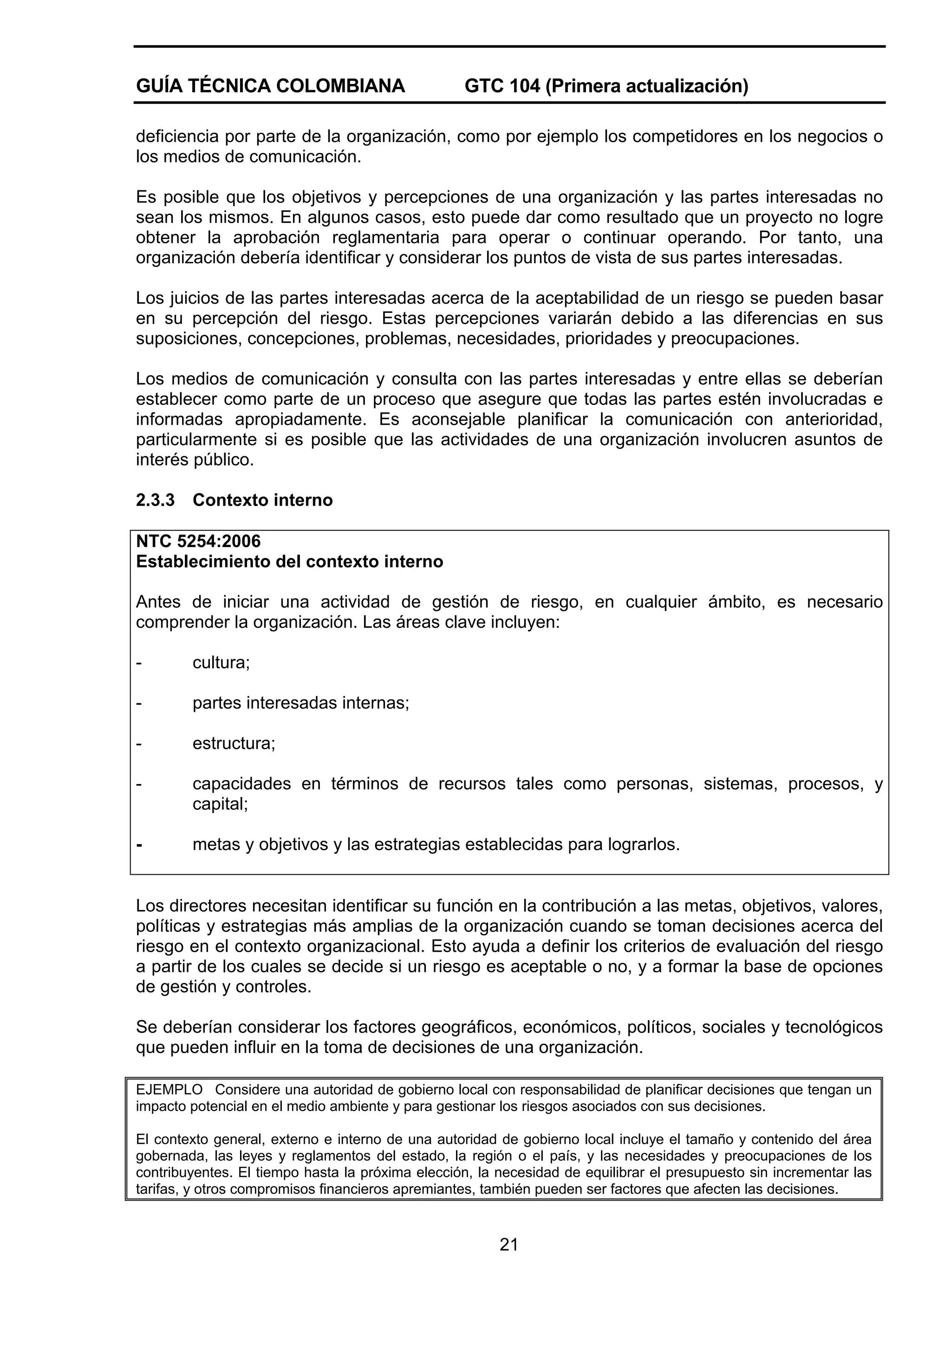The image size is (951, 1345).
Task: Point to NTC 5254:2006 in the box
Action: (x=198, y=541)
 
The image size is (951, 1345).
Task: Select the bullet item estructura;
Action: (x=234, y=743)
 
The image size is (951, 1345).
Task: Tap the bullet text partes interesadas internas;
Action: (x=300, y=703)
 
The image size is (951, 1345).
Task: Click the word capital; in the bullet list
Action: (x=220, y=804)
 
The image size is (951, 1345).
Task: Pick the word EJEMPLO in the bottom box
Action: (x=169, y=1090)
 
